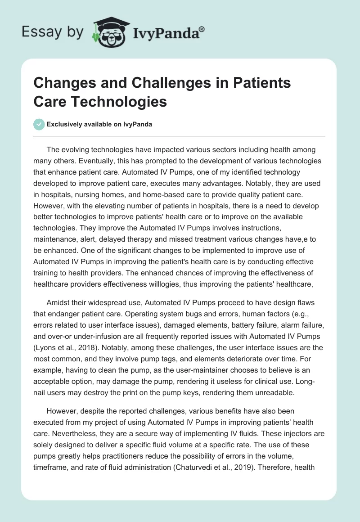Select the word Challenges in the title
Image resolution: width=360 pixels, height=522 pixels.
[150, 83]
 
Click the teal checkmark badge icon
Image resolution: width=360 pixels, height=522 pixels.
[39, 124]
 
